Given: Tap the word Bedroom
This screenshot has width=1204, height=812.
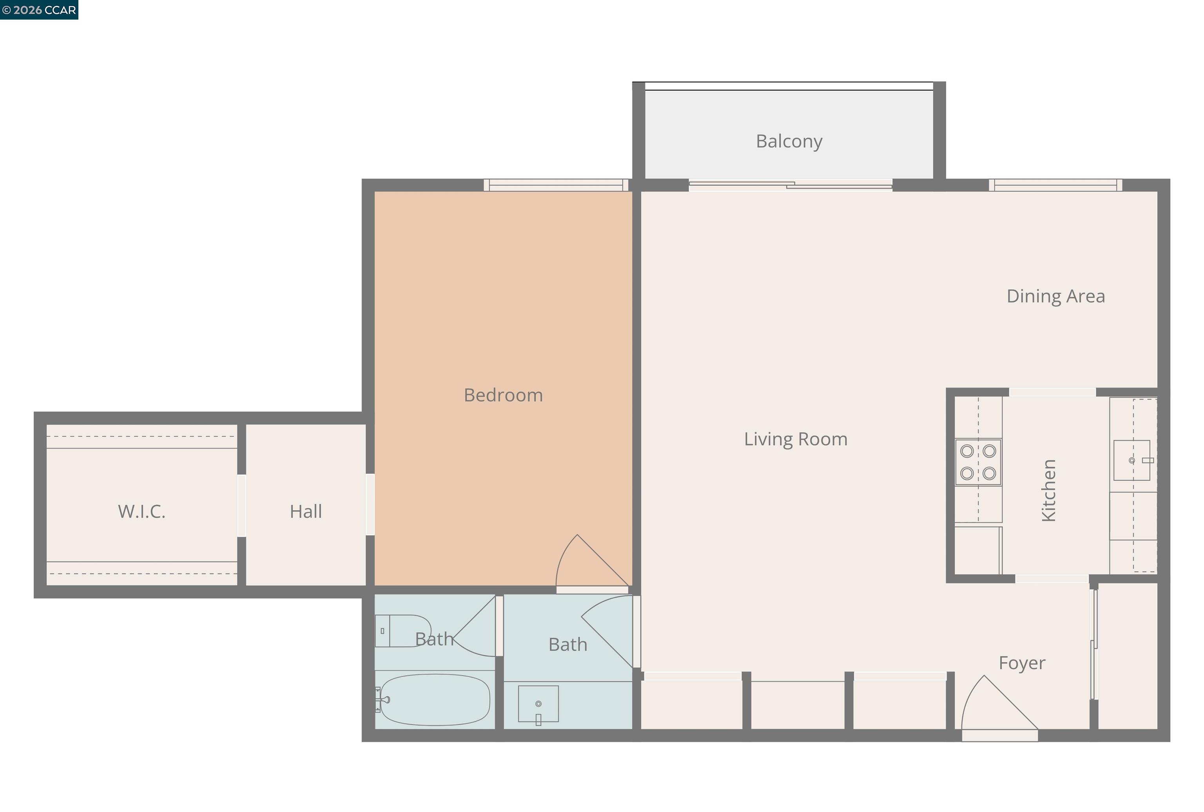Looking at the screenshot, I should (x=503, y=395).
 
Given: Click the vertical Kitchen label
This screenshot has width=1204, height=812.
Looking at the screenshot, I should (x=1048, y=490).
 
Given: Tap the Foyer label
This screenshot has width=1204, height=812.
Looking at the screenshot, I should (x=1021, y=663).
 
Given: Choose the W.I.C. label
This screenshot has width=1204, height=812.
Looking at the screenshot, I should (x=141, y=512).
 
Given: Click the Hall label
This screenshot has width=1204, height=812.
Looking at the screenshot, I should (x=306, y=512).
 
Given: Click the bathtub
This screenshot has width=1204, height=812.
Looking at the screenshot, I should (x=434, y=700).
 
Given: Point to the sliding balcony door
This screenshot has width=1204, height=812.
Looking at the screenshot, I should (x=790, y=185).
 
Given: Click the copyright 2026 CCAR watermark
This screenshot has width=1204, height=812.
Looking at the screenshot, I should (x=39, y=10).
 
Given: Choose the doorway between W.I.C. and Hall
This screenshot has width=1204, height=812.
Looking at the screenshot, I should (x=241, y=506).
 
